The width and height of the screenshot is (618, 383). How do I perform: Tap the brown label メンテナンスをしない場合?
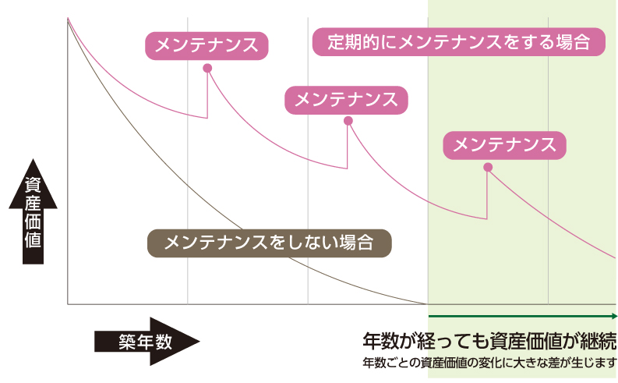tap(269, 243)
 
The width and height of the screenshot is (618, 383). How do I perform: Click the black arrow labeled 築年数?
tap(147, 341)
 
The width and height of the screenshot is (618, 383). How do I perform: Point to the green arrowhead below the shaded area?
tap(614, 316)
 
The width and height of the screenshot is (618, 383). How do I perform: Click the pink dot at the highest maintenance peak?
tap(207, 68)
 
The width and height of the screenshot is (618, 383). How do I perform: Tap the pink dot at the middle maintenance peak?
tap(348, 121)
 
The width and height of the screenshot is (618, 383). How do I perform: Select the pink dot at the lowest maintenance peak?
tap(488, 167)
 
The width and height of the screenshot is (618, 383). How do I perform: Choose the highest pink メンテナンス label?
tap(207, 45)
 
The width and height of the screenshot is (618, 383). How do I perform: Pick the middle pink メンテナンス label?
tap(347, 99)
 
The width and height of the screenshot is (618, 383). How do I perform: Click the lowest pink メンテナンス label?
tap(504, 144)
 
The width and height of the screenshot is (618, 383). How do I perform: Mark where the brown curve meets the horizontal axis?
tap(427, 303)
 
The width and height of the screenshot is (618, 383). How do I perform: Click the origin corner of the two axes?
tap(68, 303)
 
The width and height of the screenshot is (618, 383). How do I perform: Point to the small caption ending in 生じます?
tap(489, 363)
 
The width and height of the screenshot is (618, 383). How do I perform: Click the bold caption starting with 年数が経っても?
tap(489, 341)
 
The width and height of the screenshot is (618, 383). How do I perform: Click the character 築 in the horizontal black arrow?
tap(127, 341)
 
